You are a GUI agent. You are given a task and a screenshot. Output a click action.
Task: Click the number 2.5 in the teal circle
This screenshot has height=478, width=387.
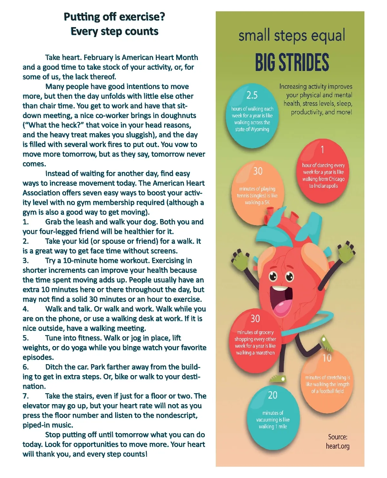tap(252, 95)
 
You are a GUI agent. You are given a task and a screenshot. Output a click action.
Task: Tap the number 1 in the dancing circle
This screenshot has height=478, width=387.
tap(322, 150)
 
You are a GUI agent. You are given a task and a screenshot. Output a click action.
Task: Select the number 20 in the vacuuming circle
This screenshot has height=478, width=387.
tap(273, 395)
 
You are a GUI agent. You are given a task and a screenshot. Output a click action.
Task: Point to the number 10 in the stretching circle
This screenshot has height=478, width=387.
tap(327, 358)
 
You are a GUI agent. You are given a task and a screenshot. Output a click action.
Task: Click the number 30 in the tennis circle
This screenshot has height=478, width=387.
tap(258, 171)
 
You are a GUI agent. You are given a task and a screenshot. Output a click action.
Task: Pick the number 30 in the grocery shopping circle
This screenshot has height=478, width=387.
tap(255, 319)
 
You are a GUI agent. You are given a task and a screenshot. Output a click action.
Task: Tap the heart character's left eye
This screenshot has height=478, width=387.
tap(273, 276)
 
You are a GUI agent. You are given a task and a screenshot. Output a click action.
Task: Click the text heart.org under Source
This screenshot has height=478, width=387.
tap(338, 446)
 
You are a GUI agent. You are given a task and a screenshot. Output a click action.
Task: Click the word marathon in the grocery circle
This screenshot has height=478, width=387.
tap(265, 353)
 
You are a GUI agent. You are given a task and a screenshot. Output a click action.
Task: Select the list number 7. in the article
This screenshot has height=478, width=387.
tap(25, 396)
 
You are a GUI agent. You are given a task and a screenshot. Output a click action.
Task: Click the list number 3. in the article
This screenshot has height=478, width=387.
tap(25, 261)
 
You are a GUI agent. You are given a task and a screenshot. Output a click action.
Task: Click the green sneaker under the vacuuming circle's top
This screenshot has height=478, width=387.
tap(278, 379)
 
